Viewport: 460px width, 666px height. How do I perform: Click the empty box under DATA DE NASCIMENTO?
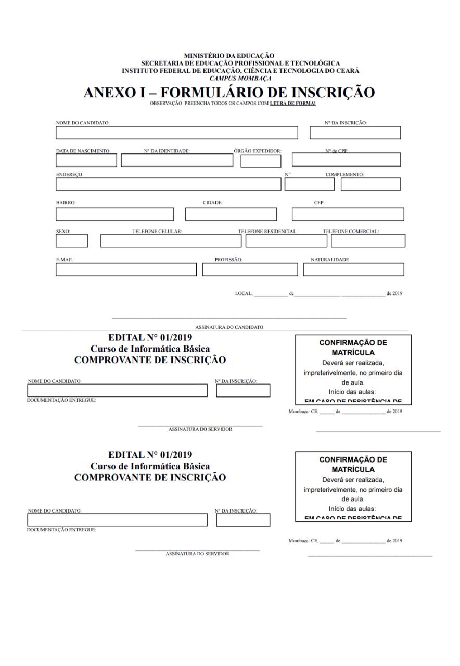coord(86,160)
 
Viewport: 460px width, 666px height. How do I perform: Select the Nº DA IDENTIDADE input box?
coord(177,160)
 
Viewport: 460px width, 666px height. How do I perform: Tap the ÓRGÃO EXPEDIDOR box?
coord(261,161)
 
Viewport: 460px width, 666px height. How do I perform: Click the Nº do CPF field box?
coord(347,160)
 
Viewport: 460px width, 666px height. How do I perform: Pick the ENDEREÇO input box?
coord(168,185)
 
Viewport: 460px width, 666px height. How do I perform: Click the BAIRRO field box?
coord(115,214)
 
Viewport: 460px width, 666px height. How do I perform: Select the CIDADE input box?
coord(231,214)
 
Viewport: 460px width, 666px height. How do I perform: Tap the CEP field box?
coord(348,214)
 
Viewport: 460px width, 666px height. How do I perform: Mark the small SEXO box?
coord(72,241)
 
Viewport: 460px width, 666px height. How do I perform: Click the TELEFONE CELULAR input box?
coord(171,241)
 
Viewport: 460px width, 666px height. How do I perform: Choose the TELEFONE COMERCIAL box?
coord(367,241)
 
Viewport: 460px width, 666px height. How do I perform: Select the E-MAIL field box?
coord(126,270)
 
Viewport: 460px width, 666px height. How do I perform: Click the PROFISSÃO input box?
coord(250,270)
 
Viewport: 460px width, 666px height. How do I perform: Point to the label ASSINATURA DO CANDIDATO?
coord(229,327)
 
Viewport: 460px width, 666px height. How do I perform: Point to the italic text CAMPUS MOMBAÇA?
coord(229,78)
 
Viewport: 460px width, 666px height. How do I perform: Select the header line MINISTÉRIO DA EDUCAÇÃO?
coord(229,55)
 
